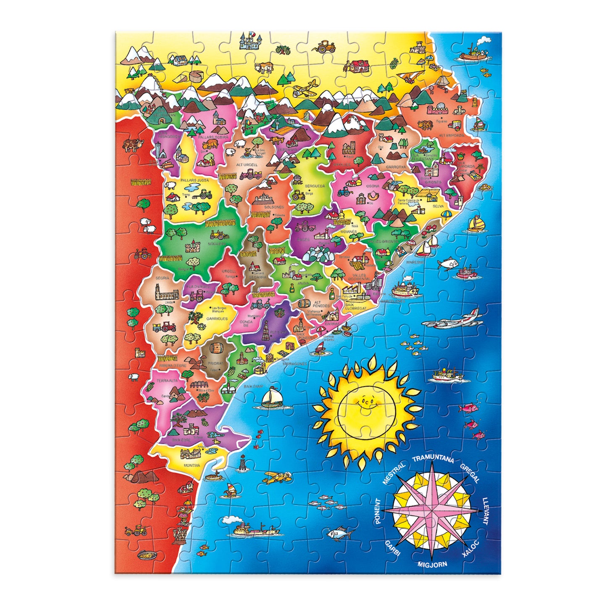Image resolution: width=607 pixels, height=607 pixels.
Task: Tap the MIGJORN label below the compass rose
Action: [x=432, y=565]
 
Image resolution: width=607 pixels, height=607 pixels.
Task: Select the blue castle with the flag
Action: [x=250, y=41]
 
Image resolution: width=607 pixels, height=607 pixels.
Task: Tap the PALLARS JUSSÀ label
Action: [x=192, y=180]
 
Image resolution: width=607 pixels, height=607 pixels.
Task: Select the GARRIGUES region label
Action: [x=217, y=318]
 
